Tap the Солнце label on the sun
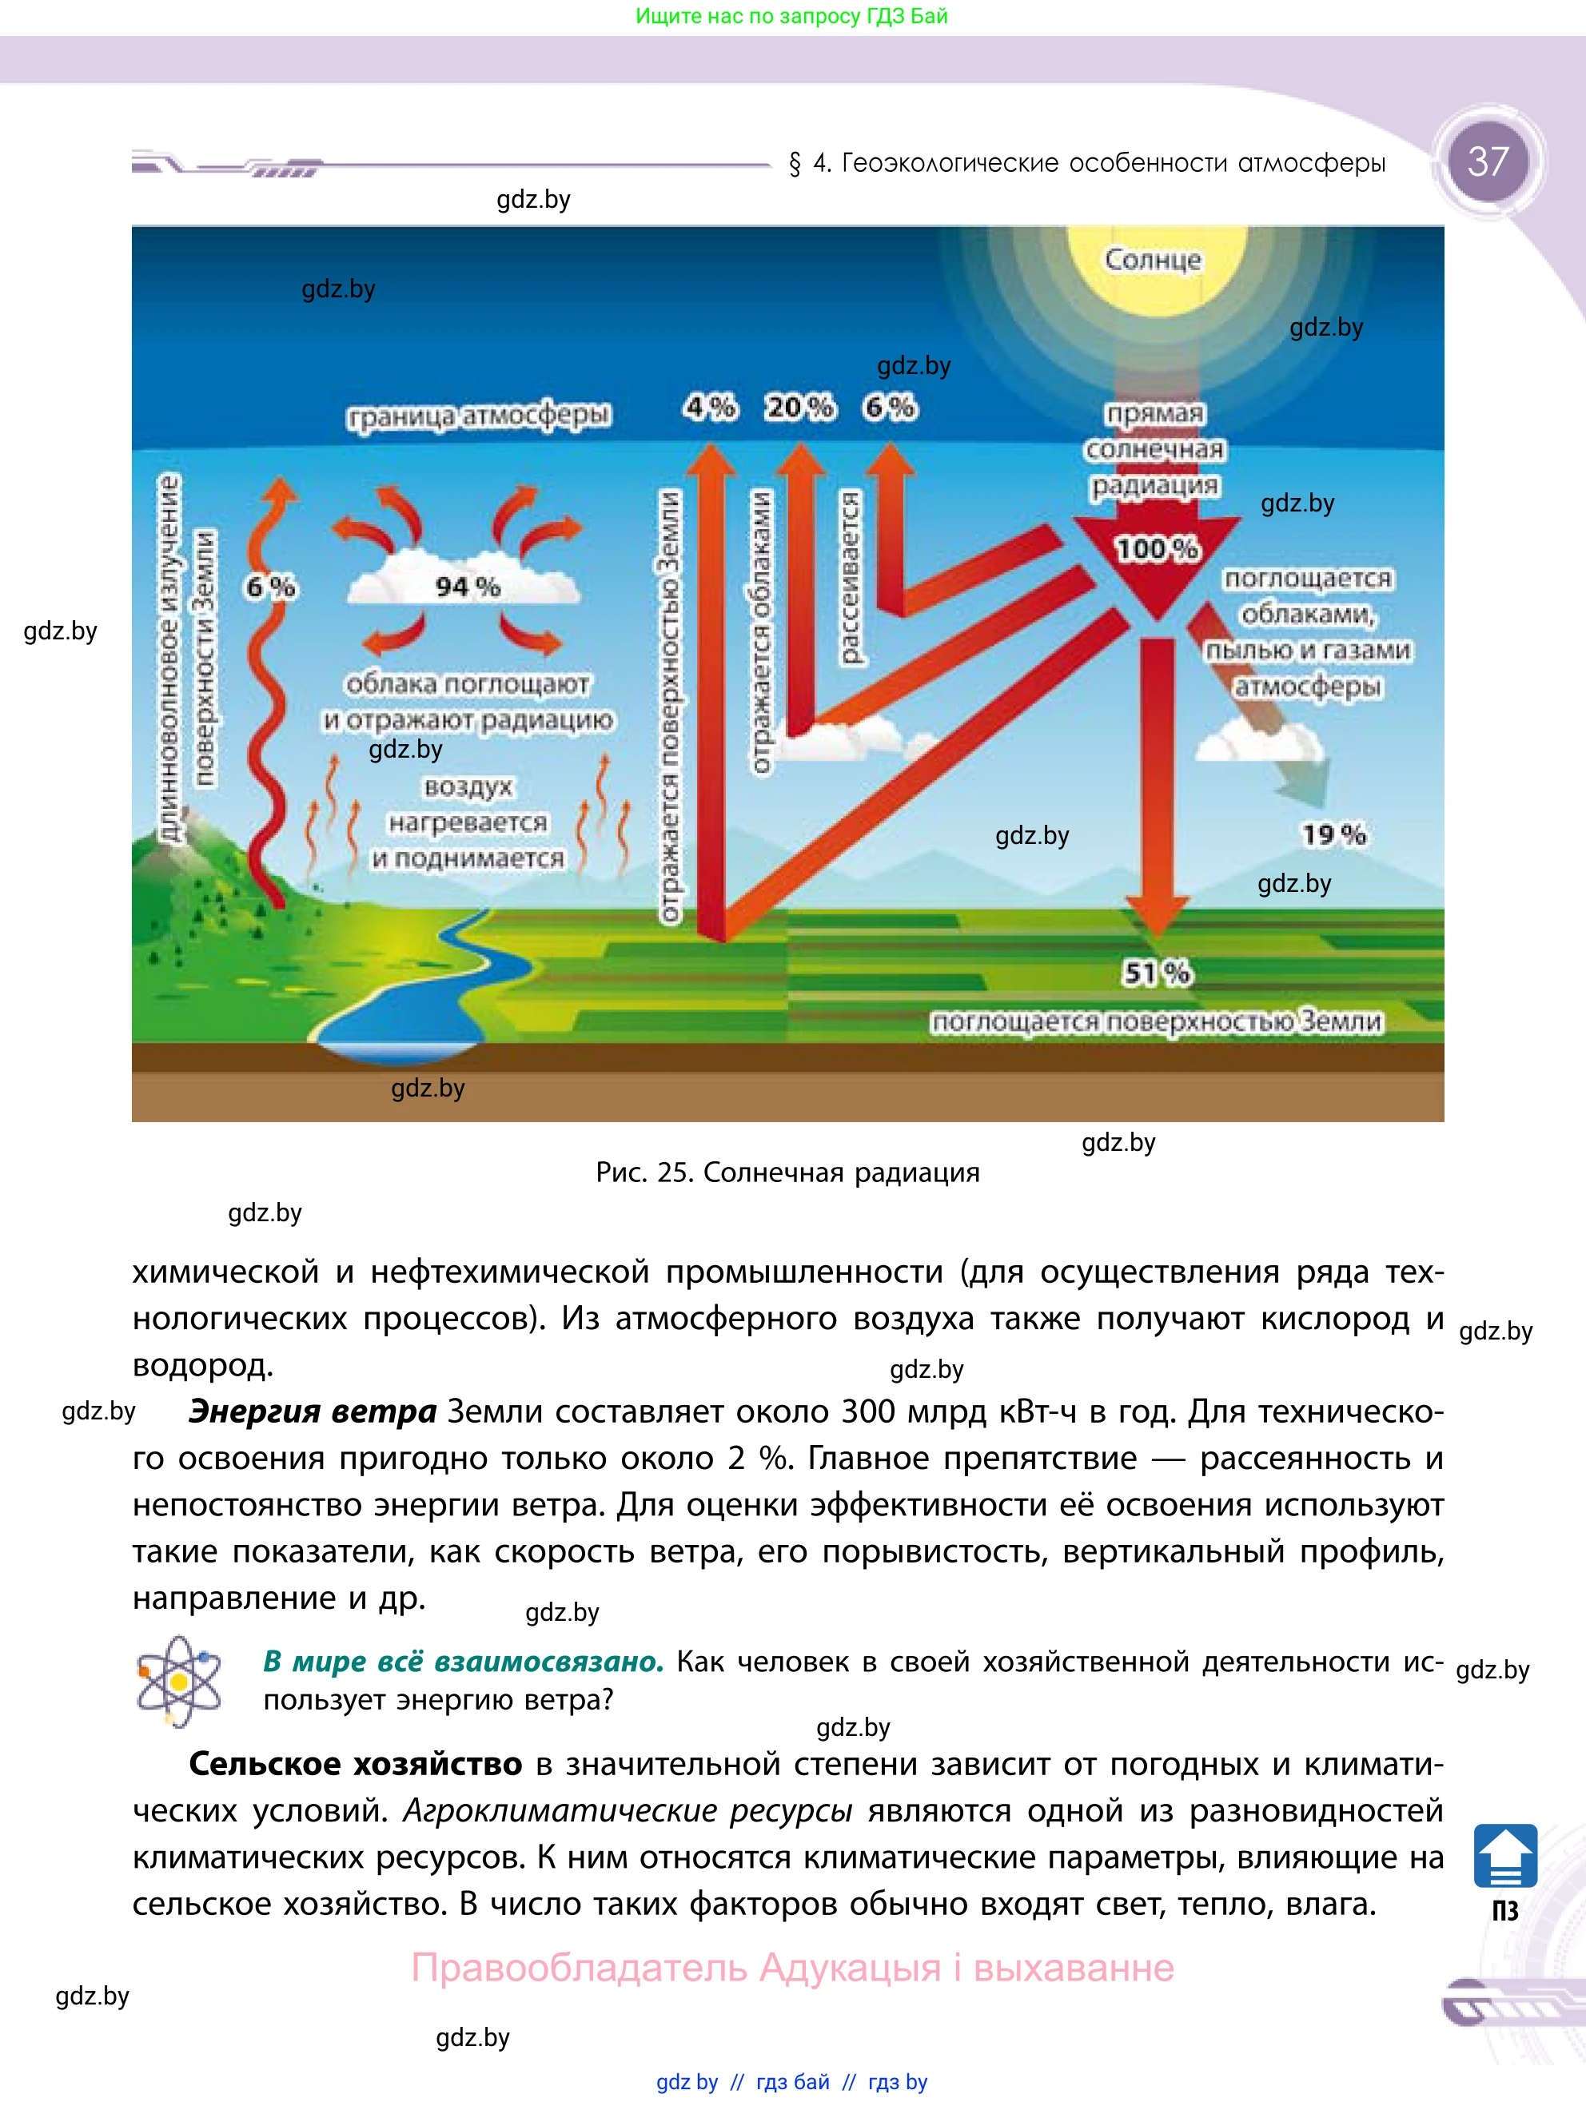click(x=1153, y=260)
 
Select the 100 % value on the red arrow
click(x=1157, y=548)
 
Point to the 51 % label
click(x=1157, y=972)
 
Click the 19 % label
click(x=1333, y=834)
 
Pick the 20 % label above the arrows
click(x=799, y=407)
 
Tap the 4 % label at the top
click(x=710, y=407)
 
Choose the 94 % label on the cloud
click(x=468, y=587)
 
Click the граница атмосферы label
click(x=479, y=416)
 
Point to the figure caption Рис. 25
click(x=787, y=1172)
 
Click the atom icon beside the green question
click(x=178, y=1681)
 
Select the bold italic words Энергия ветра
click(x=313, y=1411)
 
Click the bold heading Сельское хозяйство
click(x=356, y=1764)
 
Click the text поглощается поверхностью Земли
click(x=1157, y=1021)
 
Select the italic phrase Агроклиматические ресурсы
click(x=628, y=1810)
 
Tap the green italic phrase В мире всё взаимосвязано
click(x=464, y=1661)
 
